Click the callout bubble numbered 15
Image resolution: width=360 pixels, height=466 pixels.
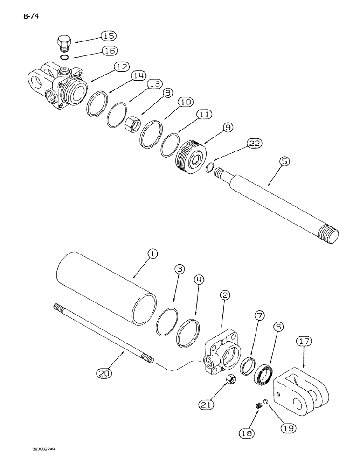[x=109, y=36]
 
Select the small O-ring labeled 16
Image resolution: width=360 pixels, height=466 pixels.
[x=65, y=57]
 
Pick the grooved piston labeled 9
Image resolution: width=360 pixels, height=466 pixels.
[x=191, y=156]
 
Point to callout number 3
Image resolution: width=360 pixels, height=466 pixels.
[x=180, y=269]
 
